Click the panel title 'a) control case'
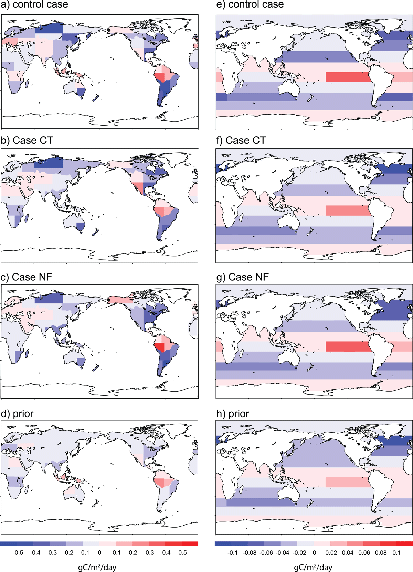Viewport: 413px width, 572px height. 34,4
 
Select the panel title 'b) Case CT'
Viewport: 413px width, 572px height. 27,140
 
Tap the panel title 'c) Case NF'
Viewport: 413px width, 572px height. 26,277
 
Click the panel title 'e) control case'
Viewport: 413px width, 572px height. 250,4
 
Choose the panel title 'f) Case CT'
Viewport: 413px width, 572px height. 241,140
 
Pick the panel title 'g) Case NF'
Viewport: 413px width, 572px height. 243,277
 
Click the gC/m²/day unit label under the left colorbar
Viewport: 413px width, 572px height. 97,568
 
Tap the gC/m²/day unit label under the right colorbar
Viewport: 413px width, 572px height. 313,568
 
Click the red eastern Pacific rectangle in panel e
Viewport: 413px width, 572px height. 348,77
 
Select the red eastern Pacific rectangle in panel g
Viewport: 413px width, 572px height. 348,346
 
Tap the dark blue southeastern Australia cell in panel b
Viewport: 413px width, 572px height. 81,226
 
